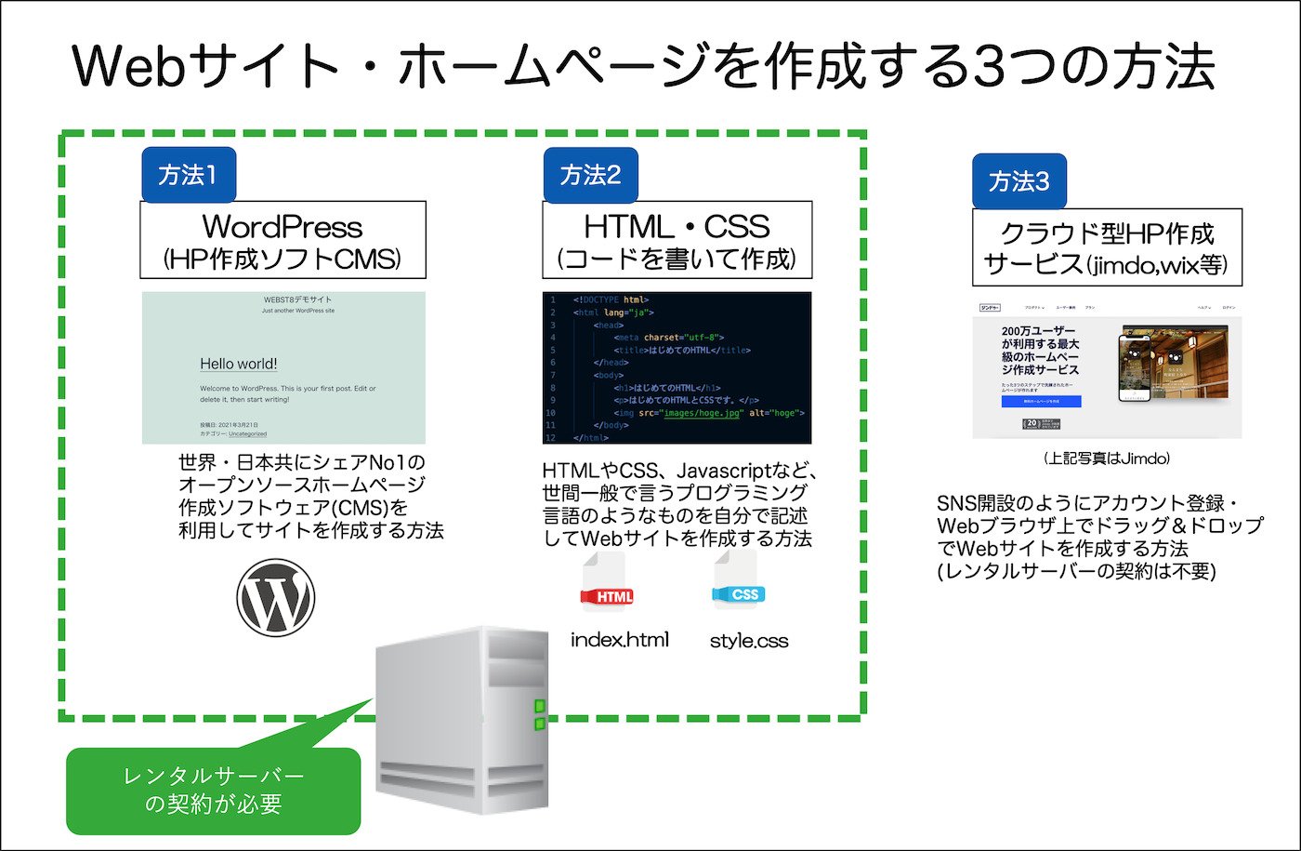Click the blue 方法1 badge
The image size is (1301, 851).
[188, 175]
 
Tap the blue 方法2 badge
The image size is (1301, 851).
[590, 175]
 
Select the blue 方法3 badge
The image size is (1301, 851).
[1018, 181]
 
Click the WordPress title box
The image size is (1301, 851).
[283, 240]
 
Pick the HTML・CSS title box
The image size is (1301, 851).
[677, 240]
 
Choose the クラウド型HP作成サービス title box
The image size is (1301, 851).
[1107, 247]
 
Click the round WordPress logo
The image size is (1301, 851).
[276, 597]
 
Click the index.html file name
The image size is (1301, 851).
[619, 640]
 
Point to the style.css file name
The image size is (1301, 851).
[749, 641]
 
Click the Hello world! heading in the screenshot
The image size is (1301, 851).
[239, 364]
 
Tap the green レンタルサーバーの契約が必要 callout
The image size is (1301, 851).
[213, 791]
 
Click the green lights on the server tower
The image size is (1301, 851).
[539, 712]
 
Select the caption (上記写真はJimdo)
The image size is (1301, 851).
[1106, 459]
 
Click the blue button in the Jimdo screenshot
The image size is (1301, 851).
[1041, 402]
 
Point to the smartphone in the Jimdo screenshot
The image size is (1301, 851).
[1134, 367]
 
